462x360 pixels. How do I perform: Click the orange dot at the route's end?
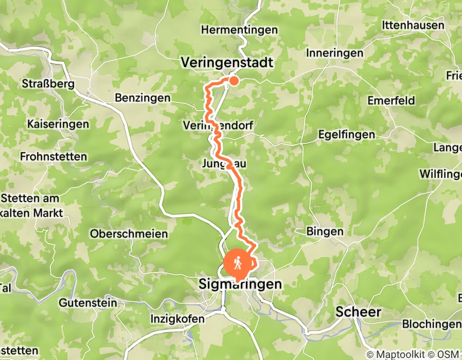[x=234, y=80]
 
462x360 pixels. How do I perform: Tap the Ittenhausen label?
[x=413, y=25]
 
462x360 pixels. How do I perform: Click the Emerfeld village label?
[x=391, y=101]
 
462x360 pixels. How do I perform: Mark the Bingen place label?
[x=325, y=231]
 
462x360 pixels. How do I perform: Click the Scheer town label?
[x=359, y=311]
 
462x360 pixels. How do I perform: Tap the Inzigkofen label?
[x=177, y=319]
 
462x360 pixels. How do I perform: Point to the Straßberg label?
[x=49, y=84]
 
